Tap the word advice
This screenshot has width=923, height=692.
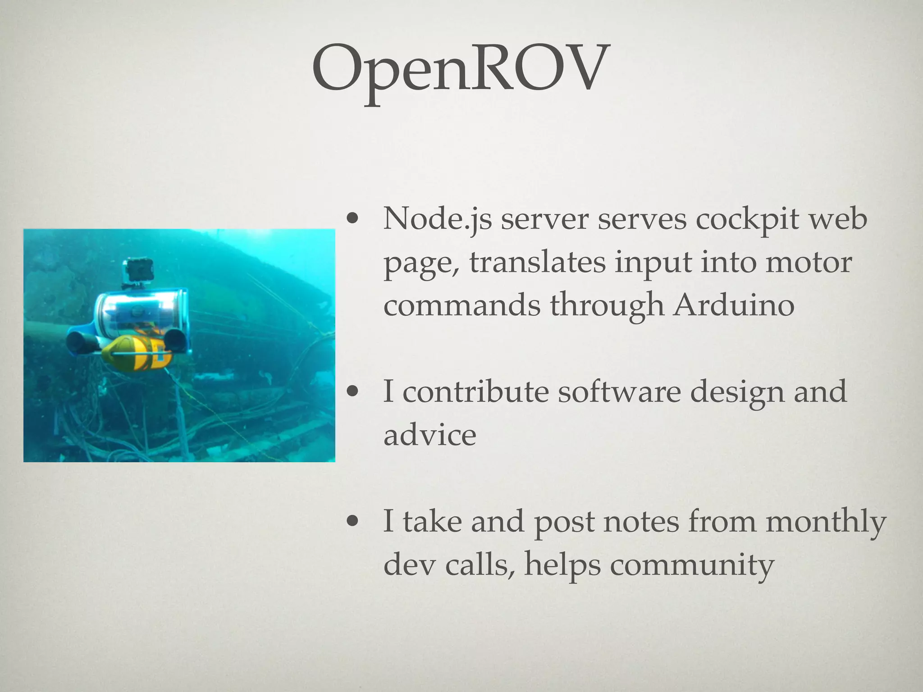coord(430,435)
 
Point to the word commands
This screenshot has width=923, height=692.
coord(462,305)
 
